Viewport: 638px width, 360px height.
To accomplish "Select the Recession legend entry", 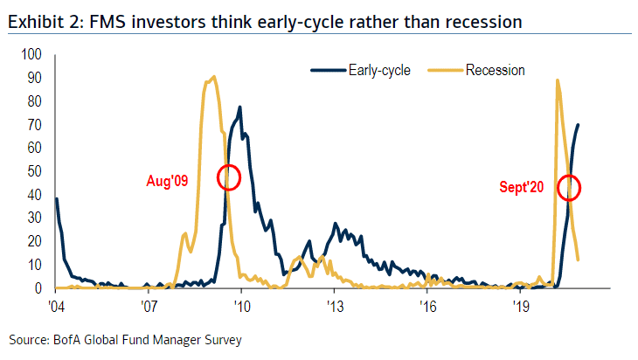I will pyautogui.click(x=495, y=70).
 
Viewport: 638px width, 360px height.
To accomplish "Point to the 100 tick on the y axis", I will pyautogui.click(x=31, y=54).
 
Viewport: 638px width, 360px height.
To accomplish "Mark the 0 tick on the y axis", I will pyautogui.click(x=38, y=288).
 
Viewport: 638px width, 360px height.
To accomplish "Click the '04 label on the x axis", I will pyautogui.click(x=56, y=306).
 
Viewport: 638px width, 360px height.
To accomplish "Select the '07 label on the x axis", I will pyautogui.click(x=149, y=306).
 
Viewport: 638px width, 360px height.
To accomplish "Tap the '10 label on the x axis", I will pyautogui.click(x=242, y=306).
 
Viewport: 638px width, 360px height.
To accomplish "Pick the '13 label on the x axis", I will pyautogui.click(x=336, y=306).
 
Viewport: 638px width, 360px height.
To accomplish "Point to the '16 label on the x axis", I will pyautogui.click(x=428, y=306).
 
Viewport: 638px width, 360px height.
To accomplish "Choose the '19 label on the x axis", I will pyautogui.click(x=522, y=306).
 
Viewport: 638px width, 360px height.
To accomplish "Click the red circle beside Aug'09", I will pyautogui.click(x=228, y=177).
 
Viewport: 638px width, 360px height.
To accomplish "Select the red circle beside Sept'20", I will pyautogui.click(x=569, y=187).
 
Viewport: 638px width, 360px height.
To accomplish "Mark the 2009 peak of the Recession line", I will pyautogui.click(x=213, y=77).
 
